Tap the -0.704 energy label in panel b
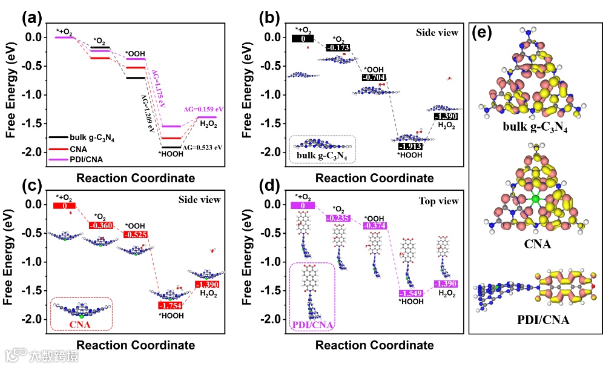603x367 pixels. [373, 78]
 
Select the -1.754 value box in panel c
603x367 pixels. [170, 305]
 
